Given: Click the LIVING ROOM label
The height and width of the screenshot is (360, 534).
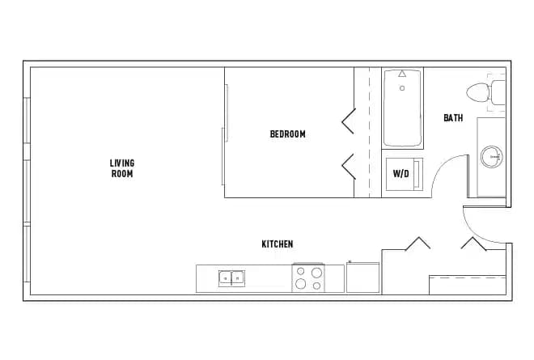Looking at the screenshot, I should pyautogui.click(x=122, y=168).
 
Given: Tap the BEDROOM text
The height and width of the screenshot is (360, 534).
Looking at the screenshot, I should pyautogui.click(x=287, y=134).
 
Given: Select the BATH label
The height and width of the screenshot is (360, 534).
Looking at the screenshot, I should pyautogui.click(x=453, y=118).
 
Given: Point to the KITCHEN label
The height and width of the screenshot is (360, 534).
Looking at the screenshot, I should pyautogui.click(x=277, y=244).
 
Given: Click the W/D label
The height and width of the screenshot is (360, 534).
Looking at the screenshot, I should pyautogui.click(x=400, y=173).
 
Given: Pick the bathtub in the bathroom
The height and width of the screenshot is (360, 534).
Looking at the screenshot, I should pyautogui.click(x=402, y=108).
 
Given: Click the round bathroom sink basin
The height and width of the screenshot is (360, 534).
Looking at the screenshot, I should pyautogui.click(x=490, y=155).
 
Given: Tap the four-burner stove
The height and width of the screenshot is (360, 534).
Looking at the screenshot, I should pyautogui.click(x=307, y=278).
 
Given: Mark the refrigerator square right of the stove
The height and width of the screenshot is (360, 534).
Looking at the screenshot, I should pyautogui.click(x=362, y=278).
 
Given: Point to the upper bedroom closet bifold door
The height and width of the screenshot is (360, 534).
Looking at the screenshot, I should pyautogui.click(x=349, y=121).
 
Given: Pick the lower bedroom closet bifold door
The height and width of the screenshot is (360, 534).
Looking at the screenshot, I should pyautogui.click(x=349, y=166).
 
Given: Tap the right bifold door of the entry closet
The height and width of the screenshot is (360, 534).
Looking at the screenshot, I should pyautogui.click(x=472, y=244).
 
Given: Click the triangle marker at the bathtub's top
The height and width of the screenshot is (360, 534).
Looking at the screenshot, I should pyautogui.click(x=402, y=74).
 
